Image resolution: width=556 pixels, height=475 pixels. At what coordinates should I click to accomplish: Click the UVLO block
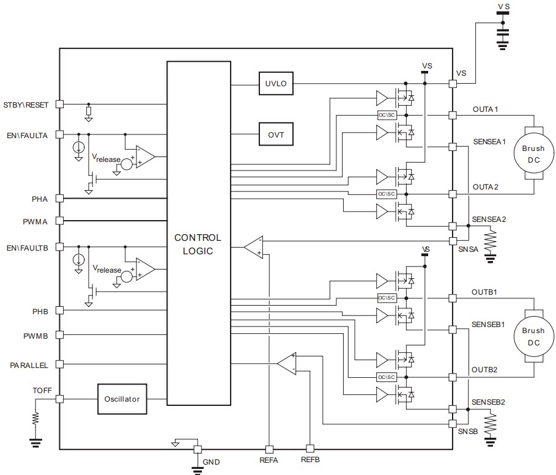coord(276,84)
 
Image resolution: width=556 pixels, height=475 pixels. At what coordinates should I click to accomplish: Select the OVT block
coord(276,133)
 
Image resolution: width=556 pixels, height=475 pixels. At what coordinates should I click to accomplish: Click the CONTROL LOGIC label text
coord(198,244)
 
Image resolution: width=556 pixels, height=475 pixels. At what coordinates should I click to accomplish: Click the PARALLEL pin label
coord(29,365)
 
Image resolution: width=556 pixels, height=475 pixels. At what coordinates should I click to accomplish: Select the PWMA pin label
coord(35,221)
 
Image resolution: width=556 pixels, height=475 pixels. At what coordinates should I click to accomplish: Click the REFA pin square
coord(268,447)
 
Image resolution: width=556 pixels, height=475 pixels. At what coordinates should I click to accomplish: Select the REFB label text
coord(310,460)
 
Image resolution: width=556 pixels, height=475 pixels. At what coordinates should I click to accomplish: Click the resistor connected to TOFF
coord(35,419)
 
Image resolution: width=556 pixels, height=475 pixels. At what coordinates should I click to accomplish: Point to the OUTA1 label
coord(485,109)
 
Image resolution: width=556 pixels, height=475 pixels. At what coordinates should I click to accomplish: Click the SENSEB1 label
coord(487,325)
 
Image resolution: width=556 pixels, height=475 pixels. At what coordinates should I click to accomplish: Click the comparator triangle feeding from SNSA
coord(254,246)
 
